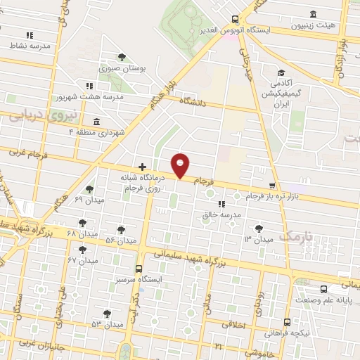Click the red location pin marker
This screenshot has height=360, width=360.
(181, 165)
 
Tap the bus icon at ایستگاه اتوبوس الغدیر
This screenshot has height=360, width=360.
(235, 20)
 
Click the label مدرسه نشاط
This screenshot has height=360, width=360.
(30, 45)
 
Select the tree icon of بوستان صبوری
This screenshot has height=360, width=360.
(122, 56)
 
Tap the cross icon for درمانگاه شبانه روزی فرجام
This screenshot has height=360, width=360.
(143, 167)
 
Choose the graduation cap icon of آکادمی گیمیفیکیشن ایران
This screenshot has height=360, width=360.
(281, 72)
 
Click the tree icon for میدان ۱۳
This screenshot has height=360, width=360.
(259, 228)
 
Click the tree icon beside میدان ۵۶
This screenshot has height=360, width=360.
(122, 229)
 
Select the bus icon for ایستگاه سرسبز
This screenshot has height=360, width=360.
(139, 269)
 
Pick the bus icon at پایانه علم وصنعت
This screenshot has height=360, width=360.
(323, 290)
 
